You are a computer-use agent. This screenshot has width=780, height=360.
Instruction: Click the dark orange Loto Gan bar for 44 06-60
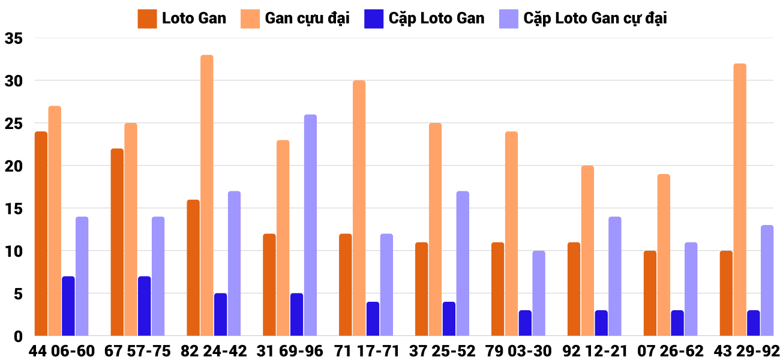pos(41,234)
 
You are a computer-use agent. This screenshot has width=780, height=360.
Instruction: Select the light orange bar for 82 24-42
pos(207,196)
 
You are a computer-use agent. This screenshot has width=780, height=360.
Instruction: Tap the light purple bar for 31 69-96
pos(310,225)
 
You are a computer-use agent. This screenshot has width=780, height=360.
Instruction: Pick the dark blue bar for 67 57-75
pos(144,306)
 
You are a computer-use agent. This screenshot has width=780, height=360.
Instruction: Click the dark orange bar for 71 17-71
pos(346,285)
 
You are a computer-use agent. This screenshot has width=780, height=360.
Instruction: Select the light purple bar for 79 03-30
pos(539,293)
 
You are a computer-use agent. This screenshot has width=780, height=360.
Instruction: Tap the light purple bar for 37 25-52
pos(463,263)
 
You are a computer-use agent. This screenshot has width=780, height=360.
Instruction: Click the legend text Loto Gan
pos(194,19)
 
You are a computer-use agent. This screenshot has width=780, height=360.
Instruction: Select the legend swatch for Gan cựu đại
pos(251,19)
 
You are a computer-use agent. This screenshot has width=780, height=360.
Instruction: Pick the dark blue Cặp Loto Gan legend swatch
pos(374,19)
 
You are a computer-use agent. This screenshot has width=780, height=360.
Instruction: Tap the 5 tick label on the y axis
pos(18,294)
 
